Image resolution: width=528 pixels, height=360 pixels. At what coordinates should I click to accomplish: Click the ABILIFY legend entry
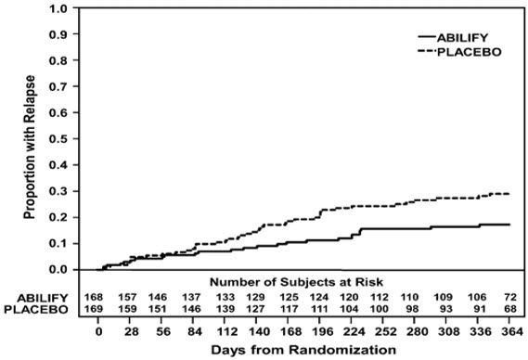pyautogui.click(x=453, y=37)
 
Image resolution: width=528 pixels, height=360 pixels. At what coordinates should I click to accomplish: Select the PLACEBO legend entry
pyautogui.click(x=459, y=52)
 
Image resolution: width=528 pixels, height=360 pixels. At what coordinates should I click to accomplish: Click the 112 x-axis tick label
pyautogui.click(x=227, y=332)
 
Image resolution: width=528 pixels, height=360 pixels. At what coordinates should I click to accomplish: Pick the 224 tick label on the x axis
pyautogui.click(x=354, y=332)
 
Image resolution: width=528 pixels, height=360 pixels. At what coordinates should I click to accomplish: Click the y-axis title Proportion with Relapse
pyautogui.click(x=30, y=148)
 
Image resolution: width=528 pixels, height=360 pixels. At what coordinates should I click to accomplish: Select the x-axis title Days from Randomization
pyautogui.click(x=303, y=350)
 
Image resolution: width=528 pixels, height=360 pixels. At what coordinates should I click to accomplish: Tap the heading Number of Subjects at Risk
pyautogui.click(x=296, y=281)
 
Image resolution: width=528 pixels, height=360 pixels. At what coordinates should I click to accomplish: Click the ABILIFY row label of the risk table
pyautogui.click(x=43, y=298)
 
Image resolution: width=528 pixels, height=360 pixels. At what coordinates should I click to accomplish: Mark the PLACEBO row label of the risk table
pyautogui.click(x=36, y=309)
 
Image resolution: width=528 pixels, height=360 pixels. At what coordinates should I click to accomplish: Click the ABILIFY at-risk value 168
pyautogui.click(x=94, y=297)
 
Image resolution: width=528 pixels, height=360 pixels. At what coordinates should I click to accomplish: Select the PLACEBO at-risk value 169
pyautogui.click(x=94, y=309)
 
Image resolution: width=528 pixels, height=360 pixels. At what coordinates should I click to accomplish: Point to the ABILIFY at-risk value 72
pyautogui.click(x=510, y=297)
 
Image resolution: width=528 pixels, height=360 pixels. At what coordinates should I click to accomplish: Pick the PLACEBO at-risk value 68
pyautogui.click(x=510, y=309)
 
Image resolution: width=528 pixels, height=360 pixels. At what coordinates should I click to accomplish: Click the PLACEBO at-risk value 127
pyautogui.click(x=255, y=309)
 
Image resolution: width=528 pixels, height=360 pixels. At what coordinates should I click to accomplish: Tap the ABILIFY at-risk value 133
pyautogui.click(x=225, y=297)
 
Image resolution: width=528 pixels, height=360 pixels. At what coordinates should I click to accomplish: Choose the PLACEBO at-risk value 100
pyautogui.click(x=380, y=309)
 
